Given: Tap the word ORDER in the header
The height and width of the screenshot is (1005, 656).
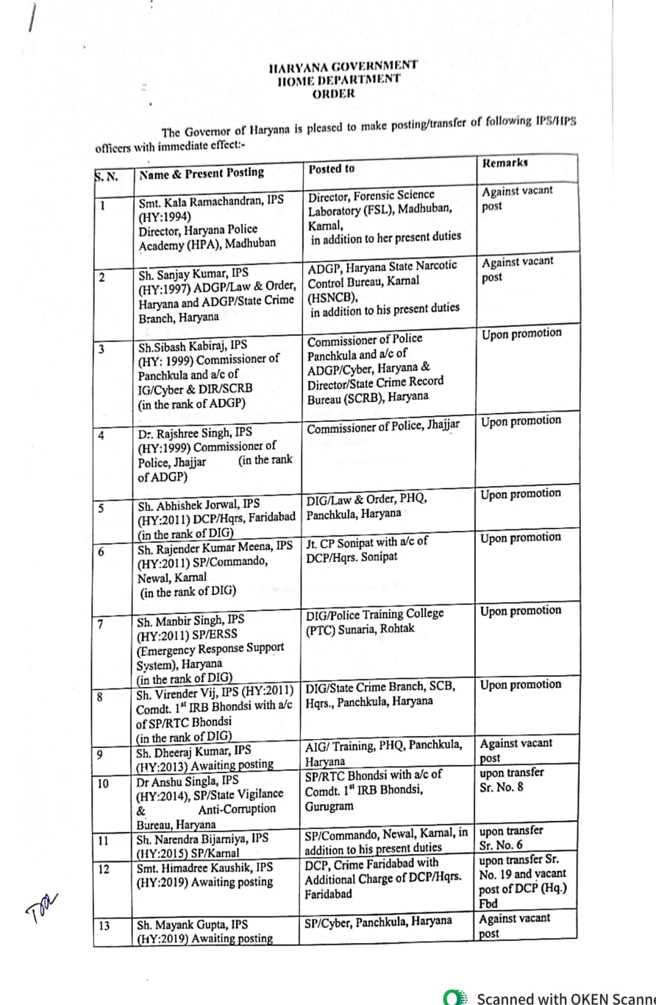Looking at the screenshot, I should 332,94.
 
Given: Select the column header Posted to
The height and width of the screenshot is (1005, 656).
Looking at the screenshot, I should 331,169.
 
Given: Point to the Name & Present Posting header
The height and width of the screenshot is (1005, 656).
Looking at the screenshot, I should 202,172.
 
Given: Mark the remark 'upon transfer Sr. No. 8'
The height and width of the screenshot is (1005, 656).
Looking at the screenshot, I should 512,780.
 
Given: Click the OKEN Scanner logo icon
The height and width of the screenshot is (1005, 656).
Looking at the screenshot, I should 456,998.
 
